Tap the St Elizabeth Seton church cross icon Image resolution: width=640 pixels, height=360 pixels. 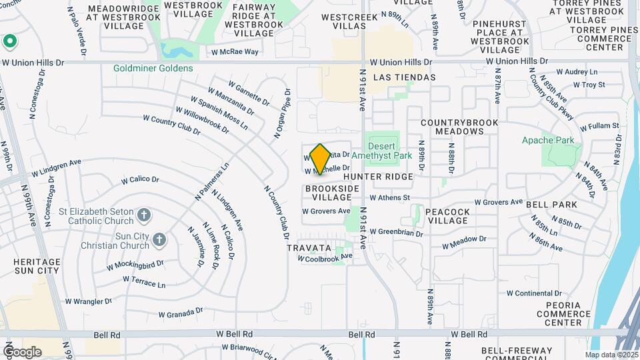click(143, 215)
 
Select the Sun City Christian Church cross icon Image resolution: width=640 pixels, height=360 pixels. click(159, 239)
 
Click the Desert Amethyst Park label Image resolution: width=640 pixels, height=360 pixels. click(382, 150)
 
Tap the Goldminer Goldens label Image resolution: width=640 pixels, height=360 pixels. click(153, 68)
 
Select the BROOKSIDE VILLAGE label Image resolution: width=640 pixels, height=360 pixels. click(332, 193)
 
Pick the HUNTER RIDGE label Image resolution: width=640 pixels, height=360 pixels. click(378, 177)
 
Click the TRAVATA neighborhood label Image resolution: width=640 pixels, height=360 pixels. click(309, 247)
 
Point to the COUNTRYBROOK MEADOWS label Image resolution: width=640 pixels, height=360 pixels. click(455, 127)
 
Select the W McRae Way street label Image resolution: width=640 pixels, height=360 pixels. click(235, 51)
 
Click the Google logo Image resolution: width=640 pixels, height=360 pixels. click(22, 352)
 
